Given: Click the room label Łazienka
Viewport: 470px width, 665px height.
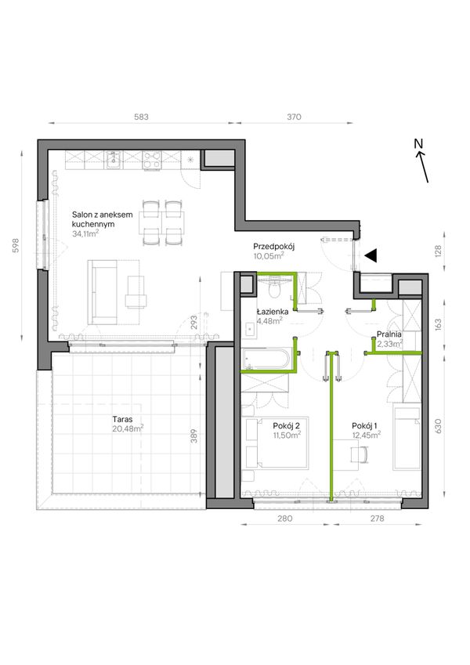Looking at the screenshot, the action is pos(273,312).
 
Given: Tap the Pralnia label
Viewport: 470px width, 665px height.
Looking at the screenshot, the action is pos(389,334).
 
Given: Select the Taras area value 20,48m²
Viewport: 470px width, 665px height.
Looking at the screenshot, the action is pos(128,428).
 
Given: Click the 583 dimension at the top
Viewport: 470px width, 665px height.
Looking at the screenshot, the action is pos(141,117).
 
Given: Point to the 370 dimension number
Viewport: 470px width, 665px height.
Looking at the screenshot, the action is pos(294,117).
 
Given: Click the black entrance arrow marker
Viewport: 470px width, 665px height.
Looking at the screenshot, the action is pos(371,255).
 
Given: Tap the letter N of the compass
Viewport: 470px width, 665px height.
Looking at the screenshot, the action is pos(418,144).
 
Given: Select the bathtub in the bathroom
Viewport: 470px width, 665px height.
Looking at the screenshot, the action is pos(266,360).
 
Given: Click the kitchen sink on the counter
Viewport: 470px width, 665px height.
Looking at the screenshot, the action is pos(114,160).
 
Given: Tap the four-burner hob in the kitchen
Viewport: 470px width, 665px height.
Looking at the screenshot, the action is pos(152,161).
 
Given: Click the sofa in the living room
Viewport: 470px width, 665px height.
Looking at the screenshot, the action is pos(102,292).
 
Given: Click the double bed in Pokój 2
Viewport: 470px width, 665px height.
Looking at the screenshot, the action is pos(277,443).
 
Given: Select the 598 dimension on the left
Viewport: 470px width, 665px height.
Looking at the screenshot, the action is pos(16,246).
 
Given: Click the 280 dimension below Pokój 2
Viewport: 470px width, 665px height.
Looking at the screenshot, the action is pos(284,519).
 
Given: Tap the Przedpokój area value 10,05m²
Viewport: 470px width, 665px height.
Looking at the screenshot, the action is pos(269,255).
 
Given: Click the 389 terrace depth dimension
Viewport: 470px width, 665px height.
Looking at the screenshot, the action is pos(193,436).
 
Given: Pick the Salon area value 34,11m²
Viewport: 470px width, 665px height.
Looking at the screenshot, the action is pos(85,233).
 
